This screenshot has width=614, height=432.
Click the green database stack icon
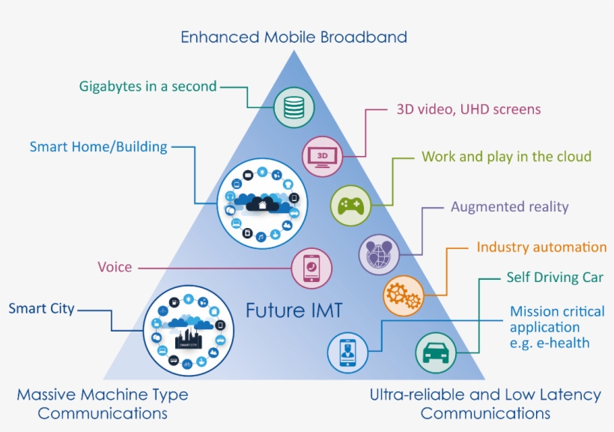(294, 107)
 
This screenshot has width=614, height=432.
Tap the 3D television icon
(323, 156)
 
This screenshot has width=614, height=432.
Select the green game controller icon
(351, 204)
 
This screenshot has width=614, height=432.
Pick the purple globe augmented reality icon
(380, 253)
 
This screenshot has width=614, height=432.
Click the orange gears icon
(404, 295)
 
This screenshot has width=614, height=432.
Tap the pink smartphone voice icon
(311, 268)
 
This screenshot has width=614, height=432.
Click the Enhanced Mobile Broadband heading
(294, 37)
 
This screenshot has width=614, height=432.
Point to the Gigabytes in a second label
(148, 86)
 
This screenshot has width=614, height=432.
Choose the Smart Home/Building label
(98, 147)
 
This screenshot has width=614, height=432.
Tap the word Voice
(115, 267)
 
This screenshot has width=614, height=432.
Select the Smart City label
(41, 308)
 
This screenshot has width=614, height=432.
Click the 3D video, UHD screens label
(468, 109)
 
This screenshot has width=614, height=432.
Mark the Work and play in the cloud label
(506, 157)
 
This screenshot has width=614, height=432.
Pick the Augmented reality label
(509, 207)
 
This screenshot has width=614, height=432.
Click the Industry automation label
(541, 247)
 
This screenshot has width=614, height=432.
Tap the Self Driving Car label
(554, 278)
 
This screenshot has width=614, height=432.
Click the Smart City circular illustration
(185, 330)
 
